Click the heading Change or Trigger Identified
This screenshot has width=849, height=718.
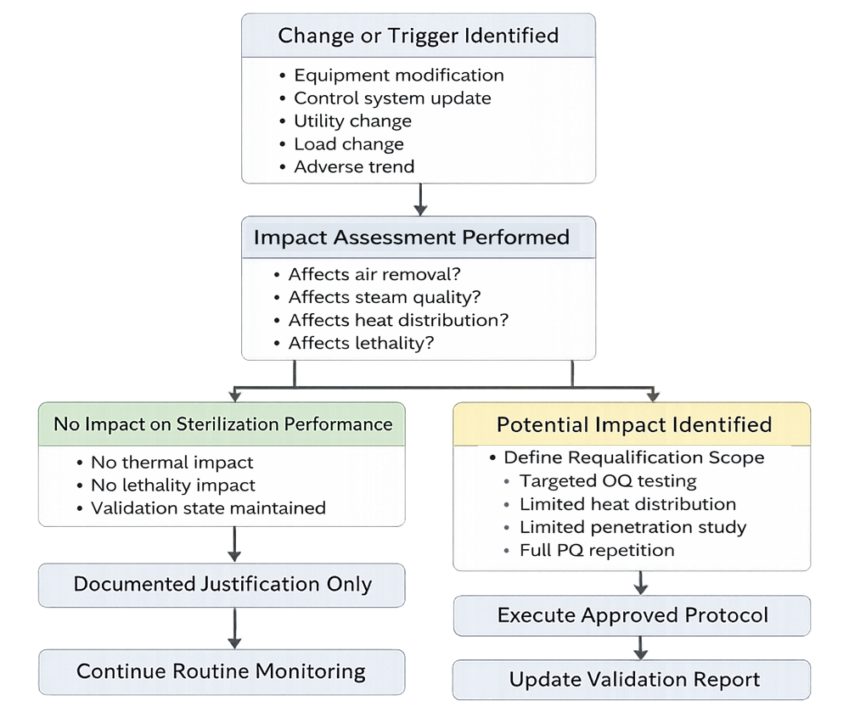418,36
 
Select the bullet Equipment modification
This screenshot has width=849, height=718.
398,76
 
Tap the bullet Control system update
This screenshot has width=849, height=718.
392,98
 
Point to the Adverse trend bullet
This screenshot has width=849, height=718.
354,166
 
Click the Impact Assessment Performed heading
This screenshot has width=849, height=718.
411,237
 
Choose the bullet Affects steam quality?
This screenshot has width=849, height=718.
384,298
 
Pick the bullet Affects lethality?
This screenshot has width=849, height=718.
361,344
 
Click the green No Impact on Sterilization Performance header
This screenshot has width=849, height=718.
222,424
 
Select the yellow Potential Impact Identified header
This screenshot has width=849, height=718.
633,424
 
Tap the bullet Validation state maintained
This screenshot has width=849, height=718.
208,508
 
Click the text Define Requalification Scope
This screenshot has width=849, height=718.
633,457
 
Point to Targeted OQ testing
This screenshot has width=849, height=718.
608,481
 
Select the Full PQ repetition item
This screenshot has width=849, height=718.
597,550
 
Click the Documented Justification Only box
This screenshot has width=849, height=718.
222,584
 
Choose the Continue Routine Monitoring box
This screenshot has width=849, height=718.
221,671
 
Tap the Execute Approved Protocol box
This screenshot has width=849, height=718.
633,615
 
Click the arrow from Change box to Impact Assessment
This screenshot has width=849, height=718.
420,201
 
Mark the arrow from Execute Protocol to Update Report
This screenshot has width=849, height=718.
641,648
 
